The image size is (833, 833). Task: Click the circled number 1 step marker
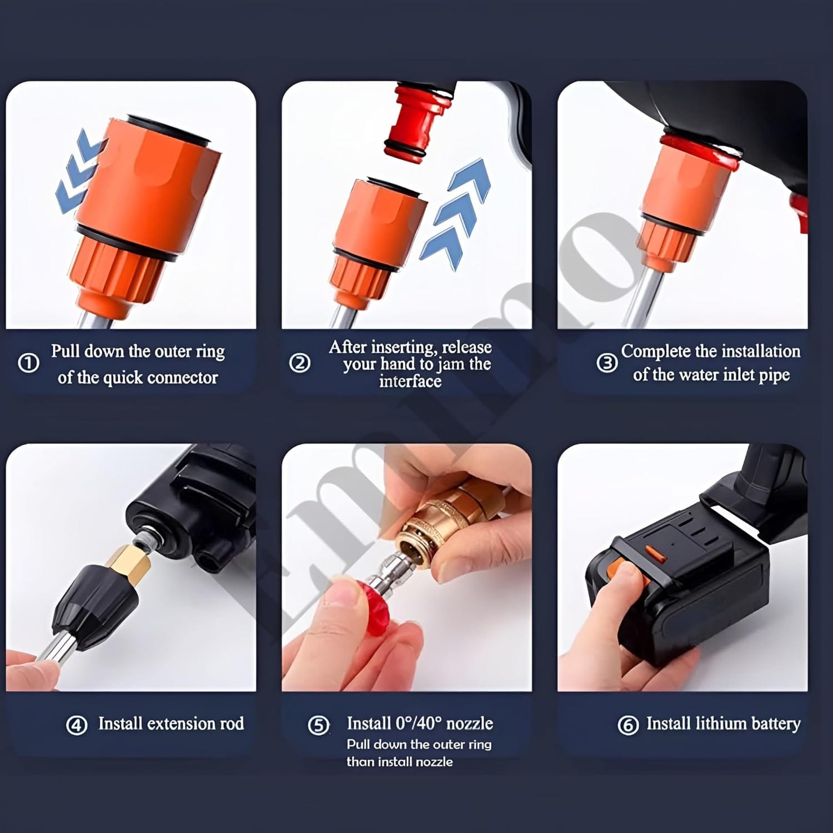[28, 363]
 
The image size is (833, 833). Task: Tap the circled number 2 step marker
[300, 363]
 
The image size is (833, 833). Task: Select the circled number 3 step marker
[607, 363]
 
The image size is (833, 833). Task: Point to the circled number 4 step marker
[77, 725]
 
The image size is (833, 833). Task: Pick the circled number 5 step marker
[319, 725]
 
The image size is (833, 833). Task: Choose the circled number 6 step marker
[628, 725]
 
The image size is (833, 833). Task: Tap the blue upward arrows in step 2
[455, 213]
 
